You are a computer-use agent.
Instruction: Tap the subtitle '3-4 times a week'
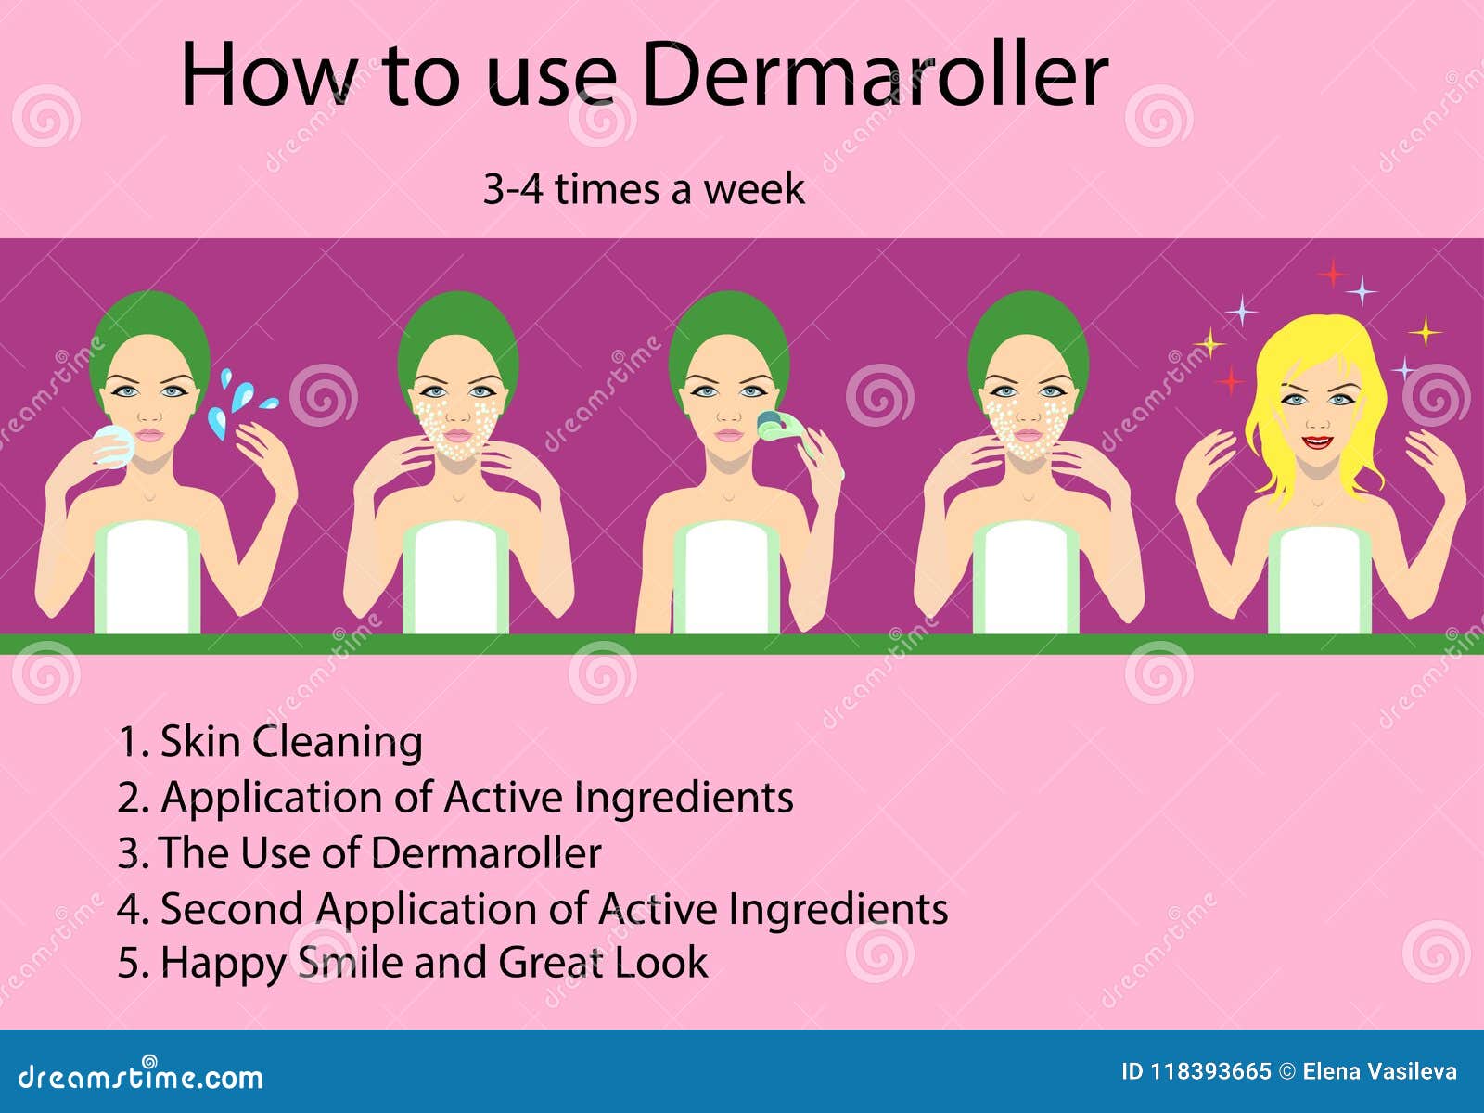pos(644,189)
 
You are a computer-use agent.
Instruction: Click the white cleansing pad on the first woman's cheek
pos(113,444)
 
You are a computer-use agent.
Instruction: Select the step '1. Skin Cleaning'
pos(270,742)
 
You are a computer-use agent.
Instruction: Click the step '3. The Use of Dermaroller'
pos(359,853)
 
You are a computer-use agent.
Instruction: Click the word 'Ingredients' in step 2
pos(684,798)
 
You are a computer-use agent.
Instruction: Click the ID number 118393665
pos(1210,1072)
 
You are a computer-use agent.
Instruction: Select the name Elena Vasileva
pos(1379,1072)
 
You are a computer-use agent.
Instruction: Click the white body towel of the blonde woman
pos(1319,580)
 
